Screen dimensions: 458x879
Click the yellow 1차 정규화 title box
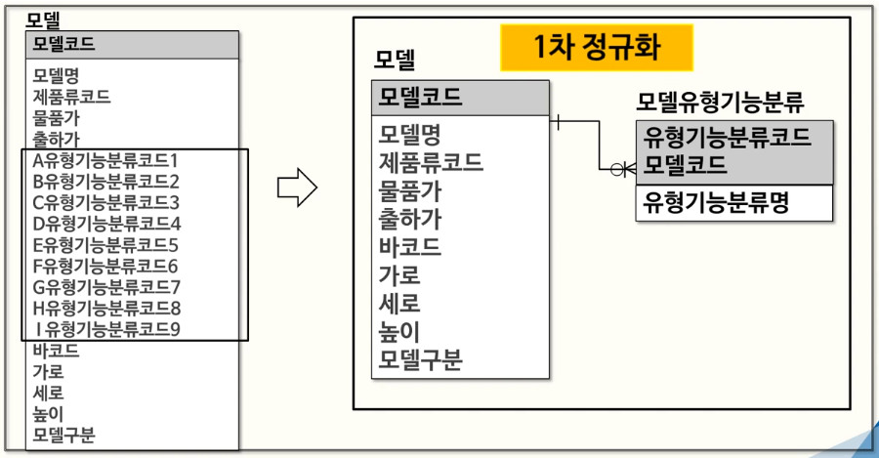597,47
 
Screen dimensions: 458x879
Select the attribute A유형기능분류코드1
106,160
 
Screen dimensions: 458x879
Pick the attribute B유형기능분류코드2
106,182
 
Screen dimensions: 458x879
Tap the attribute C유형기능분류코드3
106,203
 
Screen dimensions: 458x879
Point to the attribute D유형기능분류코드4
106,224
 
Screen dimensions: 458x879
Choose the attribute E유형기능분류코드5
106,245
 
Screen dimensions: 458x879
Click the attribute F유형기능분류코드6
106,266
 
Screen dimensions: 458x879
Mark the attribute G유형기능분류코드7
106,287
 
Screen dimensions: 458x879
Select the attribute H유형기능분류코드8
106,308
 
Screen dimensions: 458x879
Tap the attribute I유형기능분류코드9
106,329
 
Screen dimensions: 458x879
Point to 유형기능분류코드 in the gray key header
727,136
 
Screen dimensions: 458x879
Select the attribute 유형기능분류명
716,202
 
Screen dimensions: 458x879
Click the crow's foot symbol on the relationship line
622,170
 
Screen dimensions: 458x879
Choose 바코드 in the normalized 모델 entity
410,246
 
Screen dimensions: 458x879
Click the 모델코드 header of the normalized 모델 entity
421,98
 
